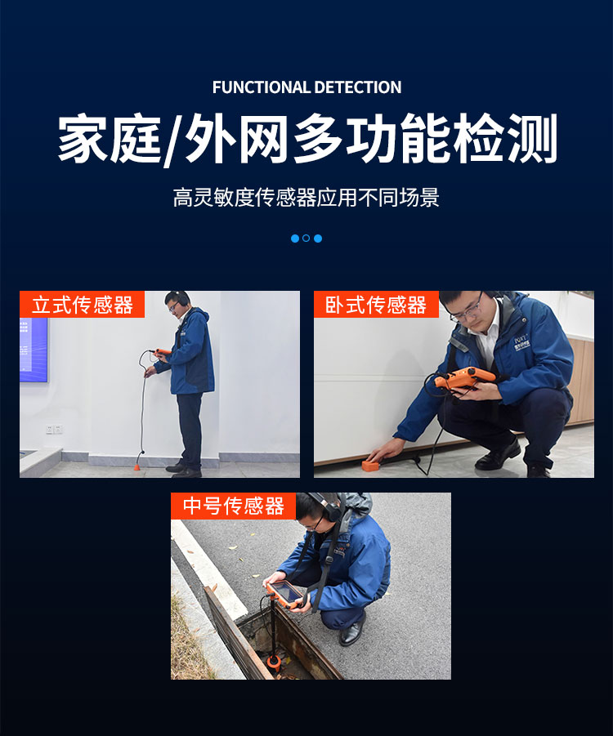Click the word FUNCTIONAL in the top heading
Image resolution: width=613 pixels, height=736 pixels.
261,87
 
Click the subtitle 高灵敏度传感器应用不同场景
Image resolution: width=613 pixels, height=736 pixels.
306,198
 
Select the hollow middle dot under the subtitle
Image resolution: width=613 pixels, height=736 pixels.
306,239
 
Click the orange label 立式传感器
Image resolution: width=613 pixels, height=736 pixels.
82,305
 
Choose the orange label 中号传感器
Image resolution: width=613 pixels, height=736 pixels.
233,506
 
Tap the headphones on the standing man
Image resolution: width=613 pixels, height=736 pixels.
182,299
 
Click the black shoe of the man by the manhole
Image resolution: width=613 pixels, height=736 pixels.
353,634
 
